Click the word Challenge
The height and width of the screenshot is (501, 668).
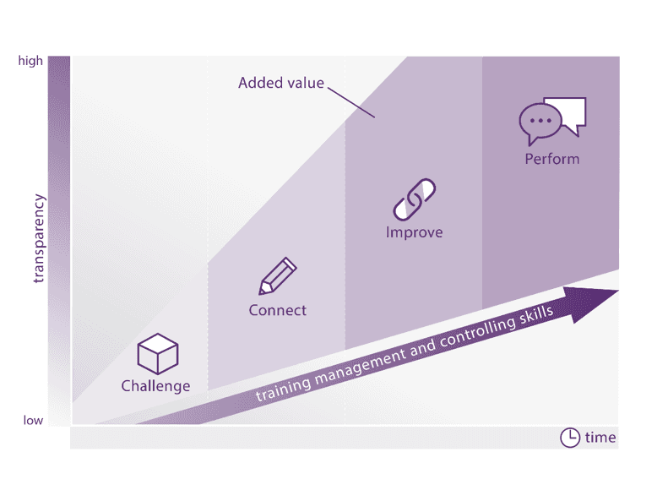155,386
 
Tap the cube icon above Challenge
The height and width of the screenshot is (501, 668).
158,354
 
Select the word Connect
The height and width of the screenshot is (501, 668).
277,310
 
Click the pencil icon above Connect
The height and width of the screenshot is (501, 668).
278,276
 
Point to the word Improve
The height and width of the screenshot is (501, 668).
414,232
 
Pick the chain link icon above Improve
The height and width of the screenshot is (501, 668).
414,199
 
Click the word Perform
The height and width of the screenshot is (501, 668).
551,158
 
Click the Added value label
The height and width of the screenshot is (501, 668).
280,83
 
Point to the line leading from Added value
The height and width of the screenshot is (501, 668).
350,101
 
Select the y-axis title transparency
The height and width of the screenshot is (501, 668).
38,239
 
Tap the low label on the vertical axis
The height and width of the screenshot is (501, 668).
33,420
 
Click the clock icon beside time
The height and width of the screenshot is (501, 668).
570,438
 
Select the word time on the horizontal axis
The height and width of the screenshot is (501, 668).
600,438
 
